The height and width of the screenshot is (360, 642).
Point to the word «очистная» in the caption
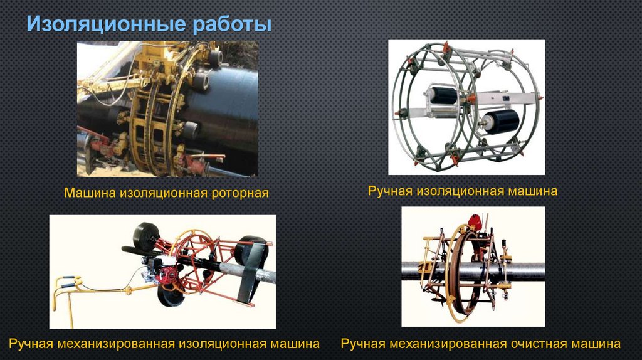[538, 344]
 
